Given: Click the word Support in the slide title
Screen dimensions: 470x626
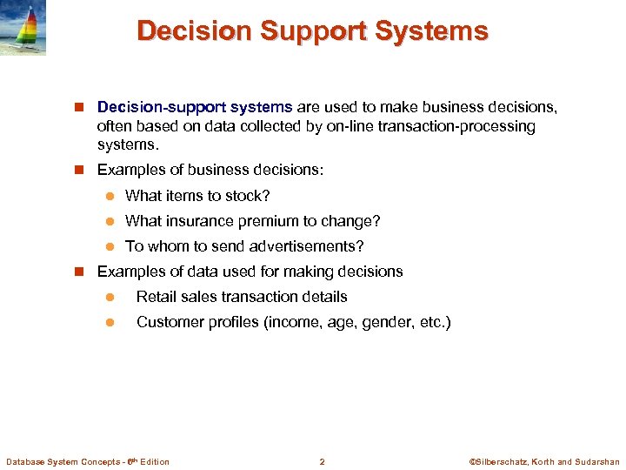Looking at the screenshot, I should coord(310,31).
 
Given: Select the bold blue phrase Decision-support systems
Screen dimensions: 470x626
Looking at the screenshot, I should coord(195,107).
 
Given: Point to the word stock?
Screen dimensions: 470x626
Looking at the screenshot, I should coord(248,196).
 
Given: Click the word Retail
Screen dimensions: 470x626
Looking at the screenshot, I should coord(155,297).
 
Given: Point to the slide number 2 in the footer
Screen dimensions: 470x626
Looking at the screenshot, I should coord(322,461).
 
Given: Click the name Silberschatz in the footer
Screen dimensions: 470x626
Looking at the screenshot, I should coord(504,461).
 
